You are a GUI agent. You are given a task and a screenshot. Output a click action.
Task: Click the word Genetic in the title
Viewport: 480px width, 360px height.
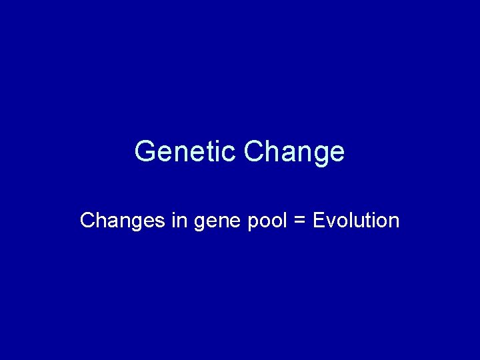(x=186, y=151)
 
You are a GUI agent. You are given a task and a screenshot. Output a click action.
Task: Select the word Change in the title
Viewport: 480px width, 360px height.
(x=295, y=151)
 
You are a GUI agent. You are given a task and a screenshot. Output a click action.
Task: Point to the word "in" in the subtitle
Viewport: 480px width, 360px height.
(x=179, y=220)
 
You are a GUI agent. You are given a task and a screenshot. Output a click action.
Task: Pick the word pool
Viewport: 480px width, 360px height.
(x=267, y=221)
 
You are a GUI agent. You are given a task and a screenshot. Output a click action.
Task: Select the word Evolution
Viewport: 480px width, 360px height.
(x=355, y=220)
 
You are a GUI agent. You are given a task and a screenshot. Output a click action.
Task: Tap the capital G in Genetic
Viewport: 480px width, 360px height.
(x=144, y=151)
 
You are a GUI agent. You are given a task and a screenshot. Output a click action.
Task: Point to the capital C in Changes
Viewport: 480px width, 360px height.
(x=87, y=220)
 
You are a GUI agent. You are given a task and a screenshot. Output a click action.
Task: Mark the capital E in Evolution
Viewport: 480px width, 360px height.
(x=318, y=220)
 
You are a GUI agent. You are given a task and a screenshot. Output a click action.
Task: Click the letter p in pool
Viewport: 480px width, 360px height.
(x=253, y=222)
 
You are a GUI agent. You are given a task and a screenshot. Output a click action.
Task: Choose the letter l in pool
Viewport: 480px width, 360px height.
(x=283, y=220)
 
